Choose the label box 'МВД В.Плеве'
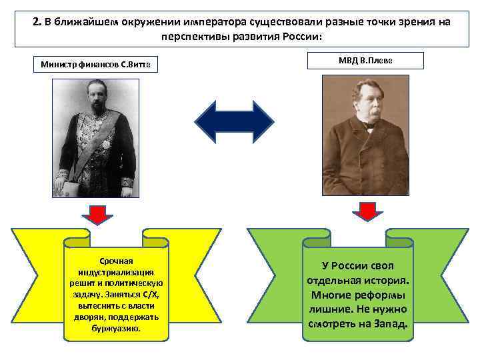(366, 61)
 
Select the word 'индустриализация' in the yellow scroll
(116, 273)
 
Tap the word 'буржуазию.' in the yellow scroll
(116, 329)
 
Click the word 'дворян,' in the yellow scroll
(89, 317)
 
